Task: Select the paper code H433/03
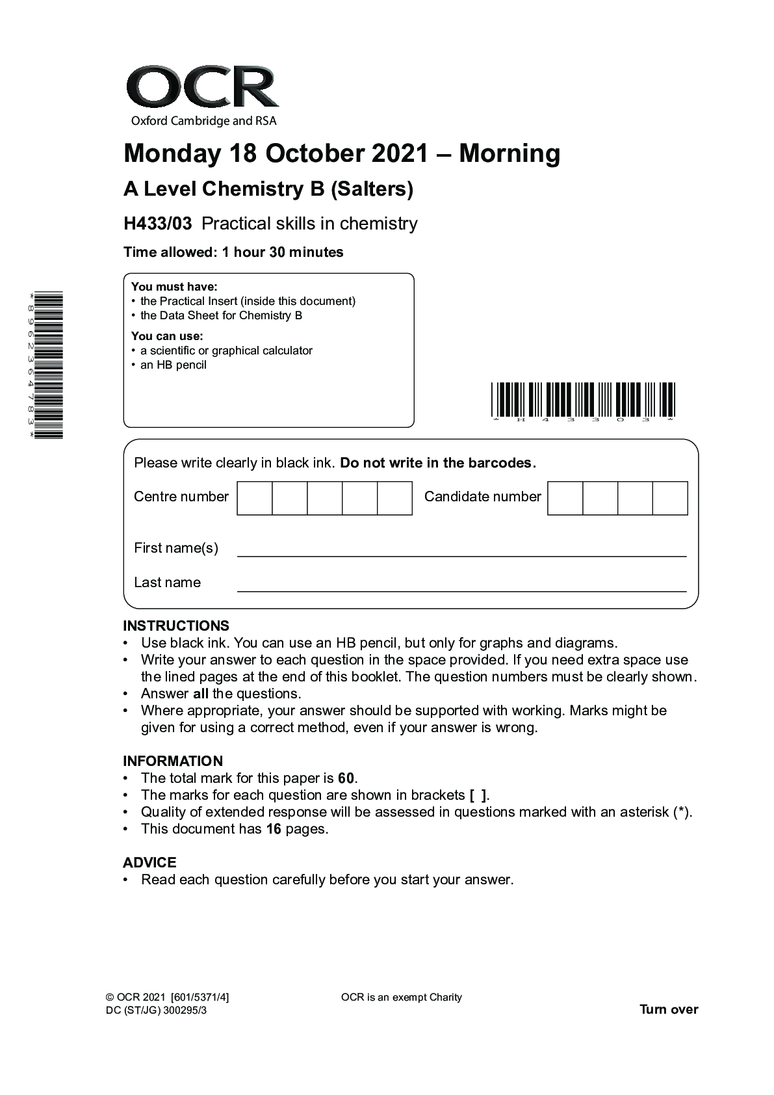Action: [158, 224]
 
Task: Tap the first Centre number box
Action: [255, 498]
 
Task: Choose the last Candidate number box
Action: [670, 498]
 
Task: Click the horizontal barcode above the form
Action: [583, 399]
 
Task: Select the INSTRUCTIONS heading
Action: [176, 626]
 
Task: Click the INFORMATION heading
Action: [173, 761]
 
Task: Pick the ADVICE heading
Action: [149, 862]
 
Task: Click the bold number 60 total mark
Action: [346, 778]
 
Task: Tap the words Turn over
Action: [669, 1010]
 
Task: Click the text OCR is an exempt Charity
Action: [401, 997]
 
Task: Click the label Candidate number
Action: [482, 497]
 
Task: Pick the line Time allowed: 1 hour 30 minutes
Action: [233, 252]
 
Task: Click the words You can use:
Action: [167, 336]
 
